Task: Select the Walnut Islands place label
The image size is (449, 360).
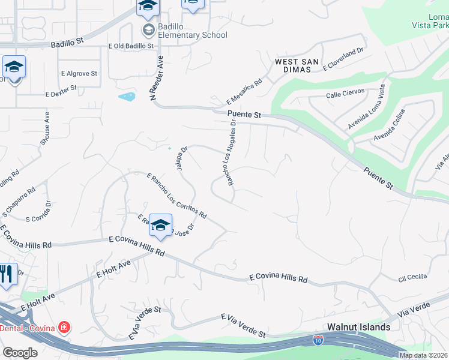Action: point(359,327)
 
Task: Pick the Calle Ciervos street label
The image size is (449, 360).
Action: point(345,95)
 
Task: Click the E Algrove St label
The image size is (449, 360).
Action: point(79,73)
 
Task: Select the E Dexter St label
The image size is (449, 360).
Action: point(61,91)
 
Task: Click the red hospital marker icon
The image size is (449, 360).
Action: point(62,328)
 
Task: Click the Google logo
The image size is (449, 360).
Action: point(20,353)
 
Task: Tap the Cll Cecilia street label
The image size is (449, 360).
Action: point(412,277)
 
